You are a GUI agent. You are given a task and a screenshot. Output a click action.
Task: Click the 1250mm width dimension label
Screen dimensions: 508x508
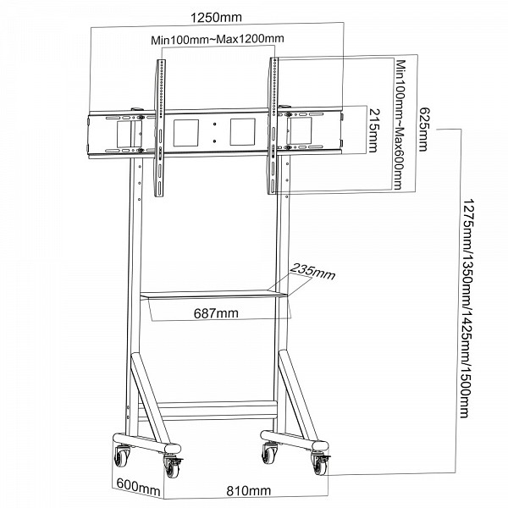[216, 17]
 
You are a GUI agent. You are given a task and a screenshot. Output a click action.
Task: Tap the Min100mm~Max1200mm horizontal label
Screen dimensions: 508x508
[218, 39]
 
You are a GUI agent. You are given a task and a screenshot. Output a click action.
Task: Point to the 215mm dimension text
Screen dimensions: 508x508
[374, 130]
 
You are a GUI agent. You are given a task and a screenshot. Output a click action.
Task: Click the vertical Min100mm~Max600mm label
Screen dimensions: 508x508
[400, 124]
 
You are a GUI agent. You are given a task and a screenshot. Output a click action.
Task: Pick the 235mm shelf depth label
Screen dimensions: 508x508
[312, 272]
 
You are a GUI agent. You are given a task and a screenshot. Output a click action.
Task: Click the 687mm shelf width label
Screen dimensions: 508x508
[216, 313]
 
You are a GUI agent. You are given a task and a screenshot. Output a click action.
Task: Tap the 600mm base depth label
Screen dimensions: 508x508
[138, 486]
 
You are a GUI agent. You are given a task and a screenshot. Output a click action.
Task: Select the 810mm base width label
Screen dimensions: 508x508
[249, 490]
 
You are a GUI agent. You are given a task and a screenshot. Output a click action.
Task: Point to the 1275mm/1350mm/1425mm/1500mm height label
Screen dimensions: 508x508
[467, 308]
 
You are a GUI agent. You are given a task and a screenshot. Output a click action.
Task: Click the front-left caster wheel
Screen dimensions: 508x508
[172, 466]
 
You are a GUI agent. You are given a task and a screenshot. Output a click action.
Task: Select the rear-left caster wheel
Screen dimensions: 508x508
[121, 456]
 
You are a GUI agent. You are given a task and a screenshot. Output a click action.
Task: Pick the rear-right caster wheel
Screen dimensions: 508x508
[269, 453]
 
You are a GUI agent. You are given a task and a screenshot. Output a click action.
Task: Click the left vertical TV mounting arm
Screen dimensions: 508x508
[160, 128]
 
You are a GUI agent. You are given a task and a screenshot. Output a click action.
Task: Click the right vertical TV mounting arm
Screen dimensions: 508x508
[273, 126]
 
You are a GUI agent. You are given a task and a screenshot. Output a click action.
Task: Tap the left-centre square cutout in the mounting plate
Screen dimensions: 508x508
[186, 133]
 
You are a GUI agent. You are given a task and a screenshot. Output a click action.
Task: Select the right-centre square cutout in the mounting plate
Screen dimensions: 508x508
[243, 132]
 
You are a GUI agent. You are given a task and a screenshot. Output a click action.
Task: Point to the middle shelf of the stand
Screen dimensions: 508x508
[213, 294]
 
